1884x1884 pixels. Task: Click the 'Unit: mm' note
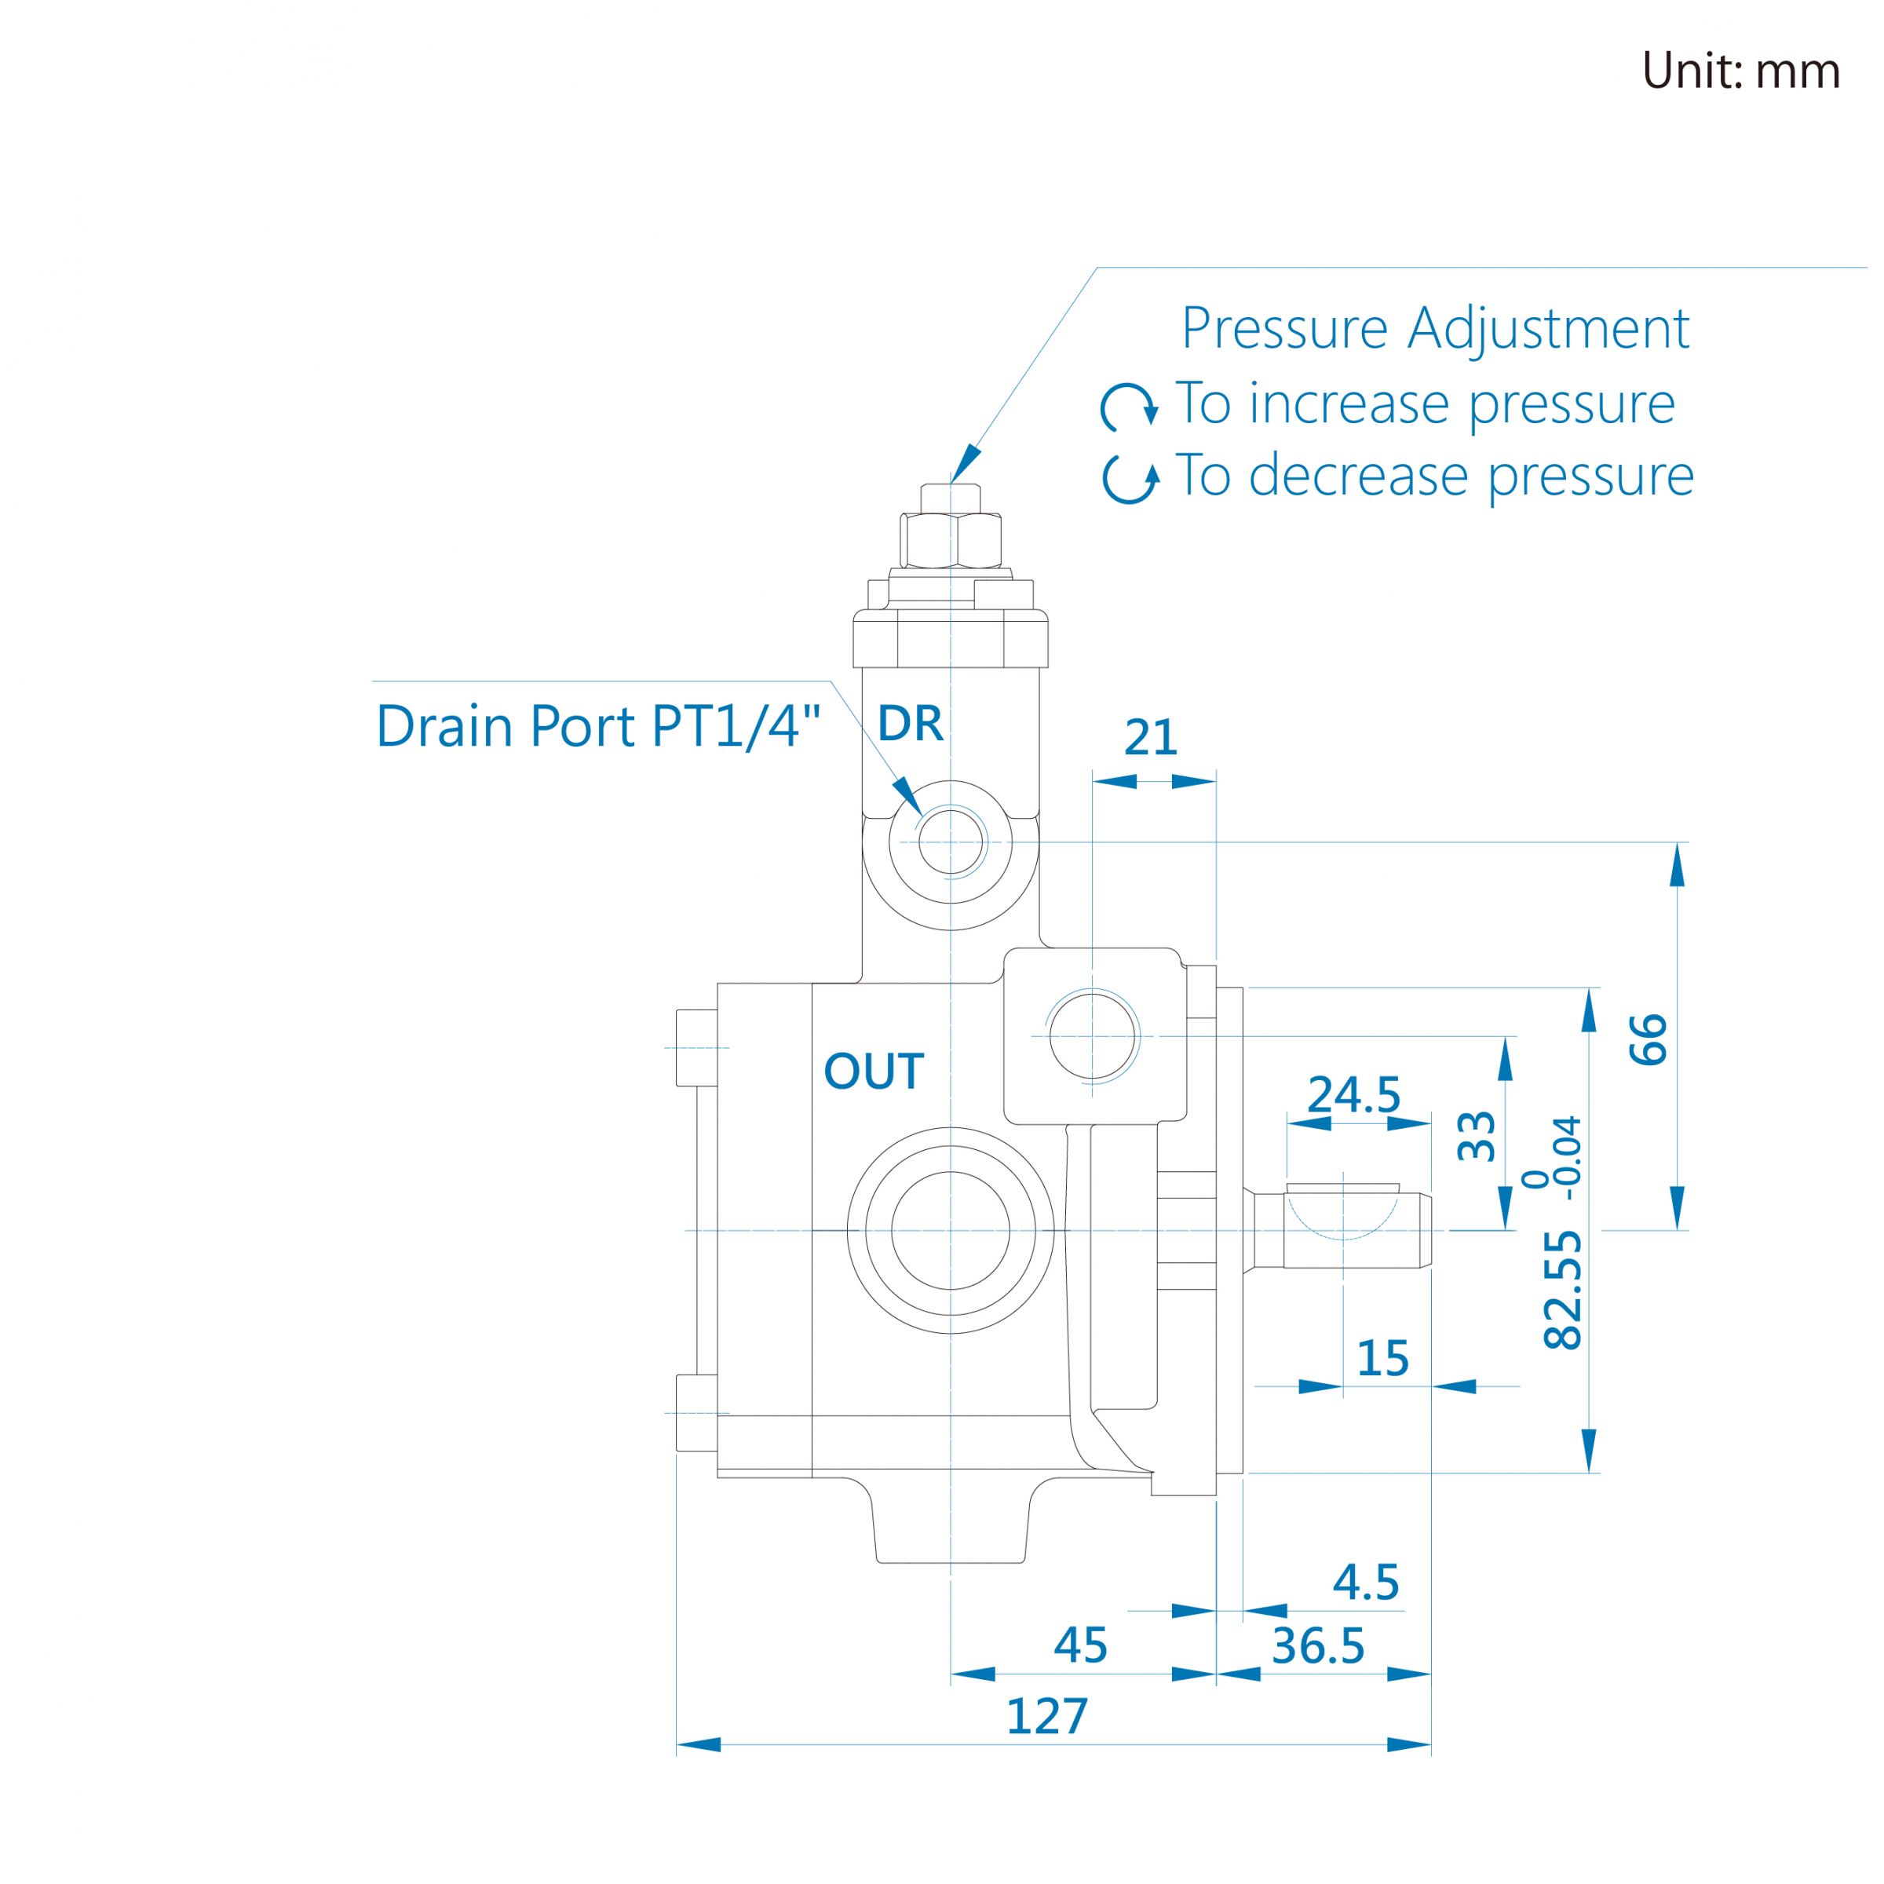[1740, 71]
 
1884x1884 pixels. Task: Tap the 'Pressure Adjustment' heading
[1436, 329]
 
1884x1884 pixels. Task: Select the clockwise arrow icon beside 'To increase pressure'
[1130, 407]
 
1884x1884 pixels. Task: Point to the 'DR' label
[910, 724]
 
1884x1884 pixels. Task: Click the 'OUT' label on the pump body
[874, 1072]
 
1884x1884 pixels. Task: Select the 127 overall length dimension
[1046, 1716]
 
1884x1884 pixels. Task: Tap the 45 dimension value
[1080, 1645]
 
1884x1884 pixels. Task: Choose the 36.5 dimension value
[1319, 1646]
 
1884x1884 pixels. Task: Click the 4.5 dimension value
[1366, 1582]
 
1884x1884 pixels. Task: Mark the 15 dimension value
[1382, 1358]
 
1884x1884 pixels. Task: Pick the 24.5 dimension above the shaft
[1353, 1094]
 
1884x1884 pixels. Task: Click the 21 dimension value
[1151, 738]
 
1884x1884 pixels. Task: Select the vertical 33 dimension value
[1476, 1135]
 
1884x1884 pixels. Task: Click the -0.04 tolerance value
[1569, 1158]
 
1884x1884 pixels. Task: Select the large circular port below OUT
[951, 1231]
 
